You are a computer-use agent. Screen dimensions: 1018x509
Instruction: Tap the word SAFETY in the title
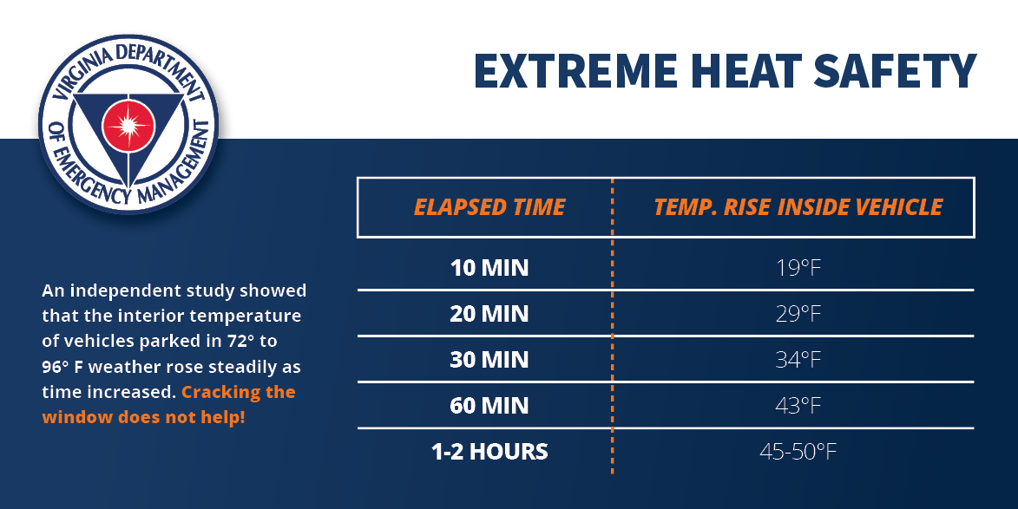[895, 71]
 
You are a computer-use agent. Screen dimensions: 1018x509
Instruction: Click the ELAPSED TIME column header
[489, 207]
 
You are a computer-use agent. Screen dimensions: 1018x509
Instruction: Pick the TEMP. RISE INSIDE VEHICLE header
[798, 207]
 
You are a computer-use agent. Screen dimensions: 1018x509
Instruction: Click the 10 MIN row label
[489, 268]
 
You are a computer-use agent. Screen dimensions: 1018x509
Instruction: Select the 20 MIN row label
[489, 314]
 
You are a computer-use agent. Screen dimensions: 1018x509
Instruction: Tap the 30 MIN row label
[489, 360]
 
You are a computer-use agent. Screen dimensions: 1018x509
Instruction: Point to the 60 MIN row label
[489, 406]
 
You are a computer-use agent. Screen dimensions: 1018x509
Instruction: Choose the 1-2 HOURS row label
[489, 452]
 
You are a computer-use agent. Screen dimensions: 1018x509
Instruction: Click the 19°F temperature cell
[798, 268]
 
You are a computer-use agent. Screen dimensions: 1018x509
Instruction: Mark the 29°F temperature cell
[798, 314]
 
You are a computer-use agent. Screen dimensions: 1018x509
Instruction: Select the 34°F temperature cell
[798, 360]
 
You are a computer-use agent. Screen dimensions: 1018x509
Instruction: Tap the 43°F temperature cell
[798, 406]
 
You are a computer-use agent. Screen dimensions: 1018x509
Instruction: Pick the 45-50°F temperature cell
[798, 452]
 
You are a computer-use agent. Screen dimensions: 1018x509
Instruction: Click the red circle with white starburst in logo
[128, 125]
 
